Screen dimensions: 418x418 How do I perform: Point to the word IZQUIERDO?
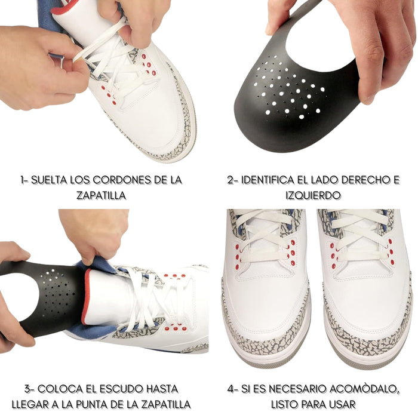click(313, 195)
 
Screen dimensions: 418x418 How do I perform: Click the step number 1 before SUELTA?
click(22, 180)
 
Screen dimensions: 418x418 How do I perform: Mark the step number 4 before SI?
click(232, 389)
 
